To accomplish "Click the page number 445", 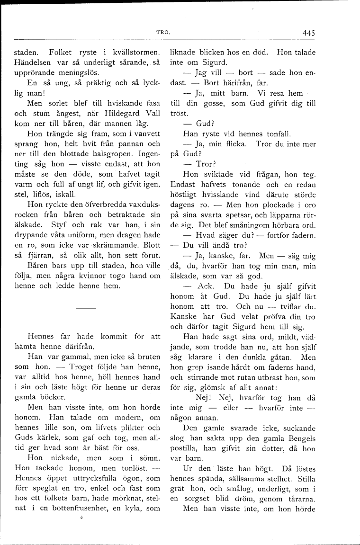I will pos(308,33).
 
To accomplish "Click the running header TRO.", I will pos(163,33).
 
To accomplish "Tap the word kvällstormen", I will pos(138,52).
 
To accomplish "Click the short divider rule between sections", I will pos(86,308).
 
